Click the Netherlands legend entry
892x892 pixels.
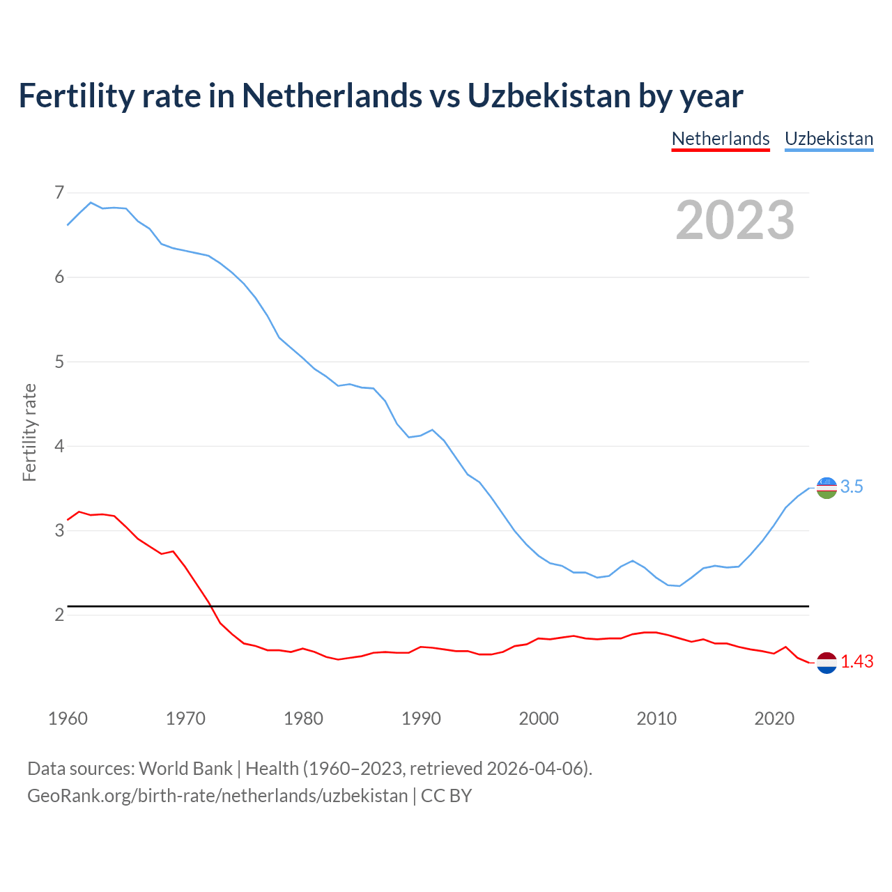click(721, 139)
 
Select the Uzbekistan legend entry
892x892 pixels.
click(829, 139)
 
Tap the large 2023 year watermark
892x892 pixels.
click(735, 220)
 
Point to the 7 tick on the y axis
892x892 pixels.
click(59, 192)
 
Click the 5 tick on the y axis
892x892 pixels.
click(59, 362)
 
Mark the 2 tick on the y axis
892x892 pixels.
click(59, 615)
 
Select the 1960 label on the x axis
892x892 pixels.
click(68, 718)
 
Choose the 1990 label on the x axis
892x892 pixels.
click(421, 718)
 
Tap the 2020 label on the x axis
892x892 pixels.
click(774, 718)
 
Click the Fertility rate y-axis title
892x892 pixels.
click(29, 432)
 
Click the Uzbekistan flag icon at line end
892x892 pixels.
click(826, 488)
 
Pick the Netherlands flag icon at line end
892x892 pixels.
click(826, 663)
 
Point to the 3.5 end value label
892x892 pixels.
click(852, 487)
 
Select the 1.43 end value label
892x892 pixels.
click(856, 662)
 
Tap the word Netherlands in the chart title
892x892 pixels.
click(332, 95)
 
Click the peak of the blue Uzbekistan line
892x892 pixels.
click(91, 202)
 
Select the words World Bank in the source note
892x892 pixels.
click(185, 769)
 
